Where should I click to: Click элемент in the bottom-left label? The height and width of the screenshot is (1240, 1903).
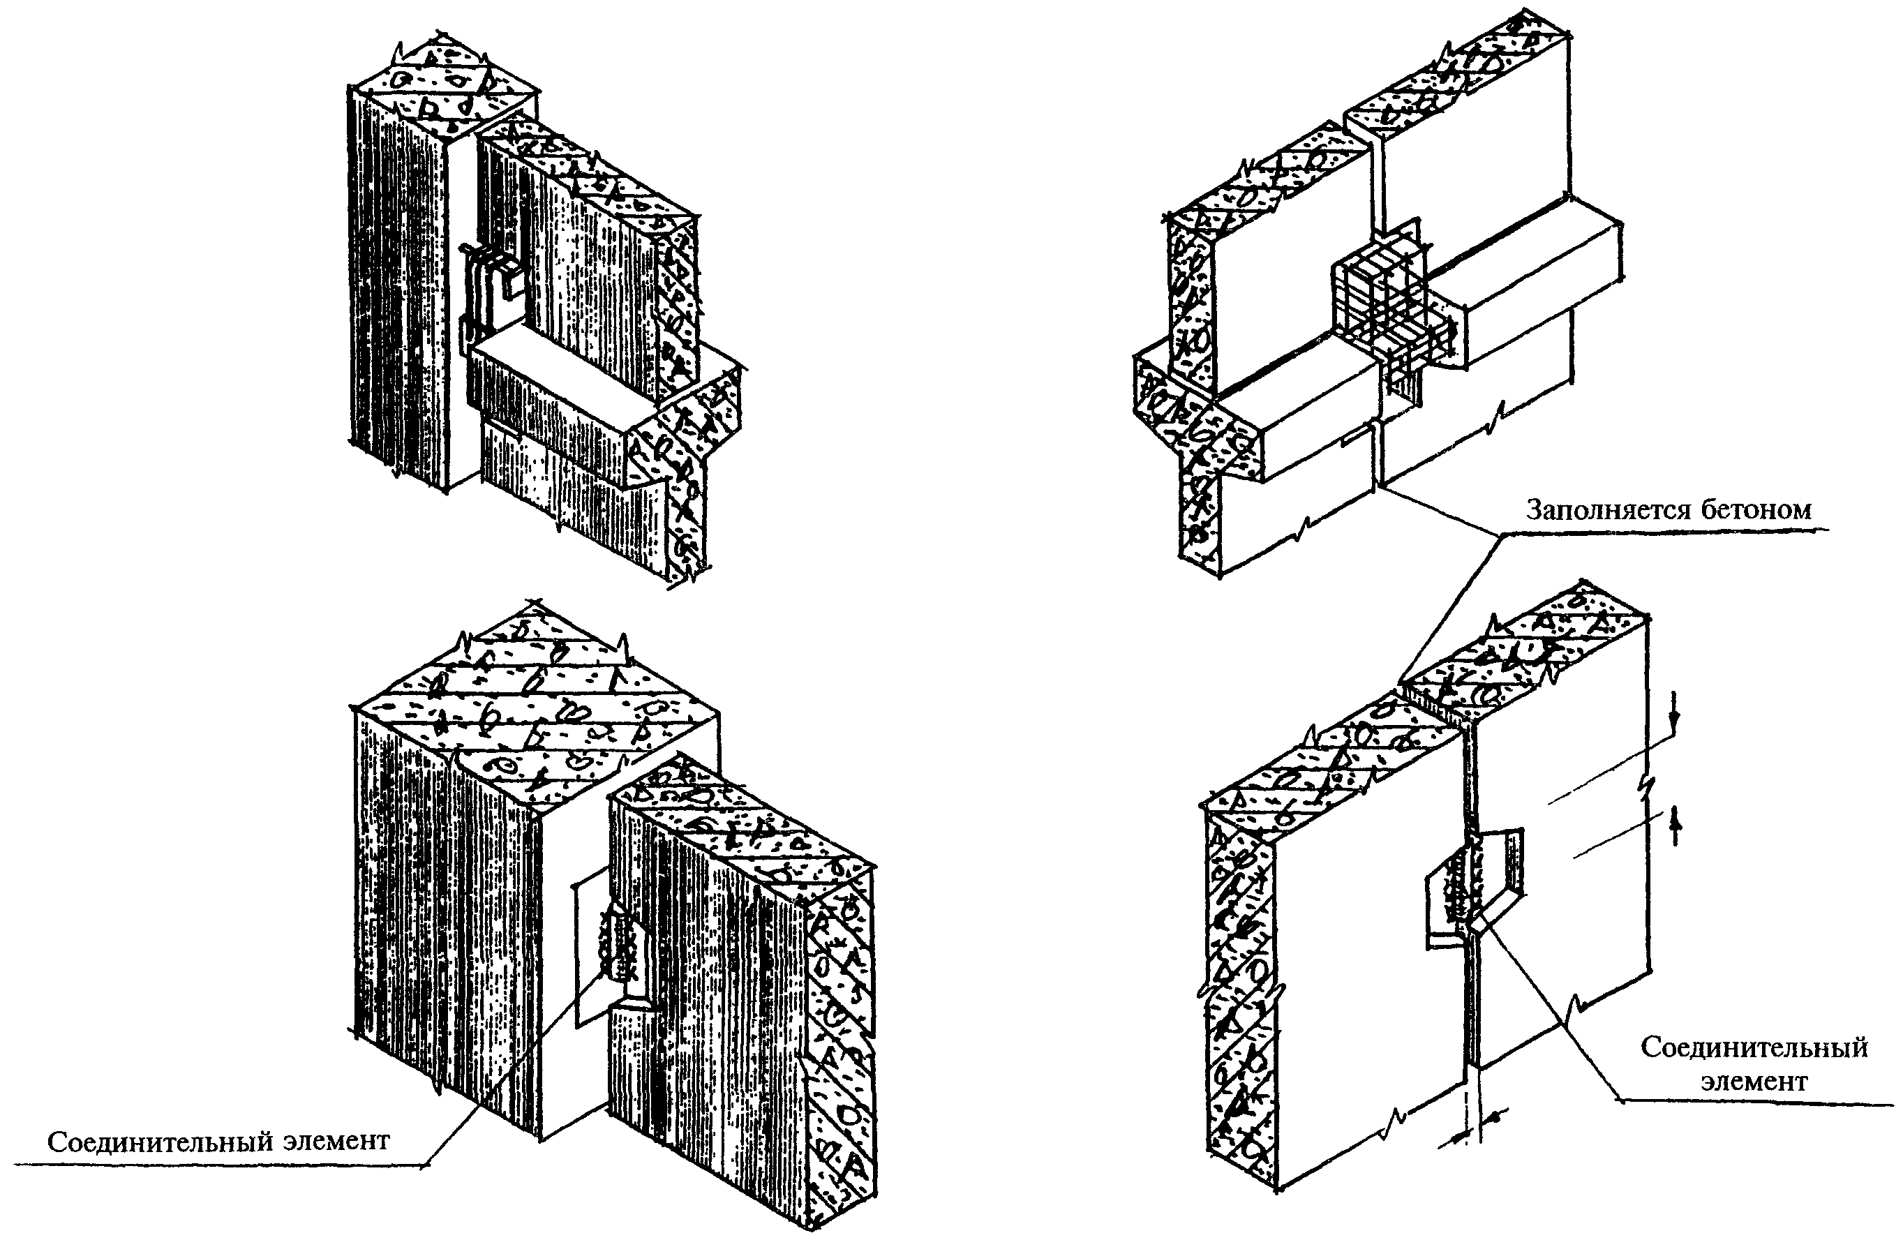click(x=336, y=1142)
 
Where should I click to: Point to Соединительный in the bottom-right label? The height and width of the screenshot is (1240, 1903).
click(x=1754, y=1047)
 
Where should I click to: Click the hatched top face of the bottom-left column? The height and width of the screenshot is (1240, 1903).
click(x=536, y=703)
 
